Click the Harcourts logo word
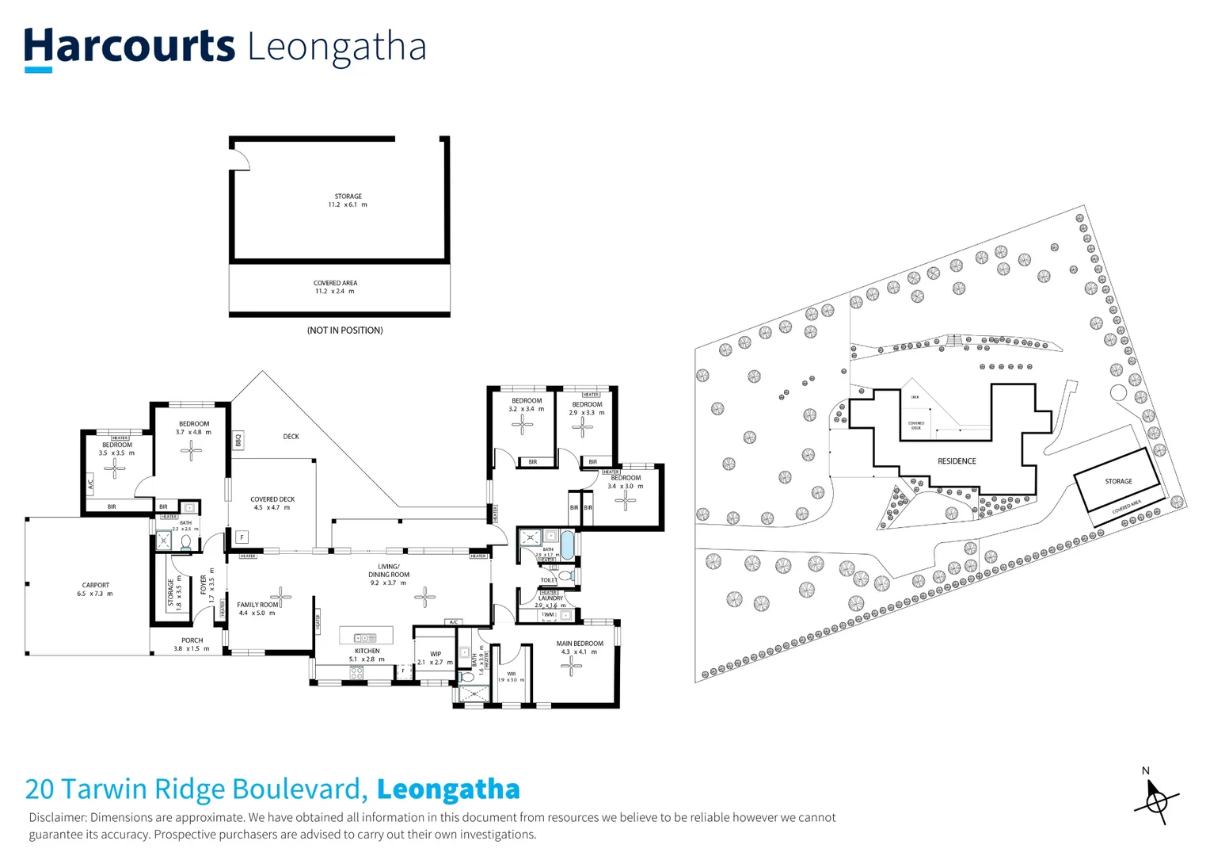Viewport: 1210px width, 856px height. pos(129,46)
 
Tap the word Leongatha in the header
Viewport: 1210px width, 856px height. pos(337,47)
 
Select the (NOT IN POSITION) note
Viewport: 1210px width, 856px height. pos(344,331)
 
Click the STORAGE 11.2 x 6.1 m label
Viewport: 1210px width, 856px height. pos(348,201)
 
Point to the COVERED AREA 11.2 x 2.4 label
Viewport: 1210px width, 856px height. pos(335,287)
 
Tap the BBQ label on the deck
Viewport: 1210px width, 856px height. pos(238,439)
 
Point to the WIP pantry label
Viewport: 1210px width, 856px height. pos(436,655)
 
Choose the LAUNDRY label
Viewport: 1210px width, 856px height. pos(550,598)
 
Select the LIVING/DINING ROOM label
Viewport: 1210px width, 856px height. pos(389,575)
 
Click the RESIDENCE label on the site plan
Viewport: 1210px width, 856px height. pos(957,461)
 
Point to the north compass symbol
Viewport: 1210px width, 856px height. pos(1155,801)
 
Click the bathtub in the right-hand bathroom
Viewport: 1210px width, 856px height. pos(567,545)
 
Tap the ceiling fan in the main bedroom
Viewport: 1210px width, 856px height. pos(571,666)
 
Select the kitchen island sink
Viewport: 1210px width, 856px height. pos(365,637)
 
